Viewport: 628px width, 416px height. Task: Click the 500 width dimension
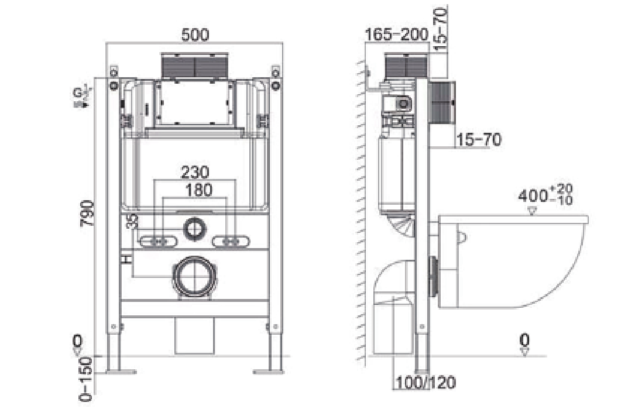tap(194, 35)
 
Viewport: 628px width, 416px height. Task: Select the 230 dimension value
tap(194, 173)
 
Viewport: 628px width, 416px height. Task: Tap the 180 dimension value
tap(194, 190)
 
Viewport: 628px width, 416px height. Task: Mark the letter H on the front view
tap(125, 258)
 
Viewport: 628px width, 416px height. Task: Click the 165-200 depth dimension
tap(397, 35)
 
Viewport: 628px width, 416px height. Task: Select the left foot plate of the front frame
tap(121, 371)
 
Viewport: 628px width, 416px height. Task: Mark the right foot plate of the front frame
tap(269, 371)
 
